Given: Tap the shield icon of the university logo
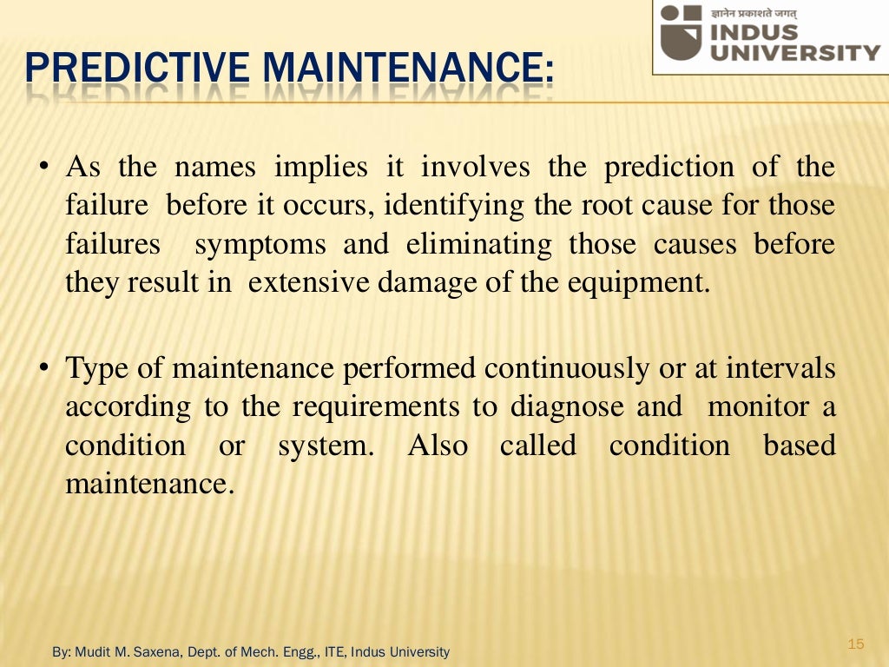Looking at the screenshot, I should point(679,34).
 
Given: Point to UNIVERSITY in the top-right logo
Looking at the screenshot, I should point(794,52).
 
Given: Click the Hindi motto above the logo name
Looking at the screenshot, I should point(754,12).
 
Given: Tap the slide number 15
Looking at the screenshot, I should point(856,644).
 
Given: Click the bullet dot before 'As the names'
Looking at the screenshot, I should point(43,168).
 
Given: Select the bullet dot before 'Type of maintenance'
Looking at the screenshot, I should point(43,369).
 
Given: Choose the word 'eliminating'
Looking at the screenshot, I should point(478,244).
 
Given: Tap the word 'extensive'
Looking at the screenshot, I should point(308,283).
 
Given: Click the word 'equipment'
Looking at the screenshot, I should point(644,283).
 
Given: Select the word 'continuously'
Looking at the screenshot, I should point(566,368).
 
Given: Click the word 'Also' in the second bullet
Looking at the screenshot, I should point(438,446).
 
